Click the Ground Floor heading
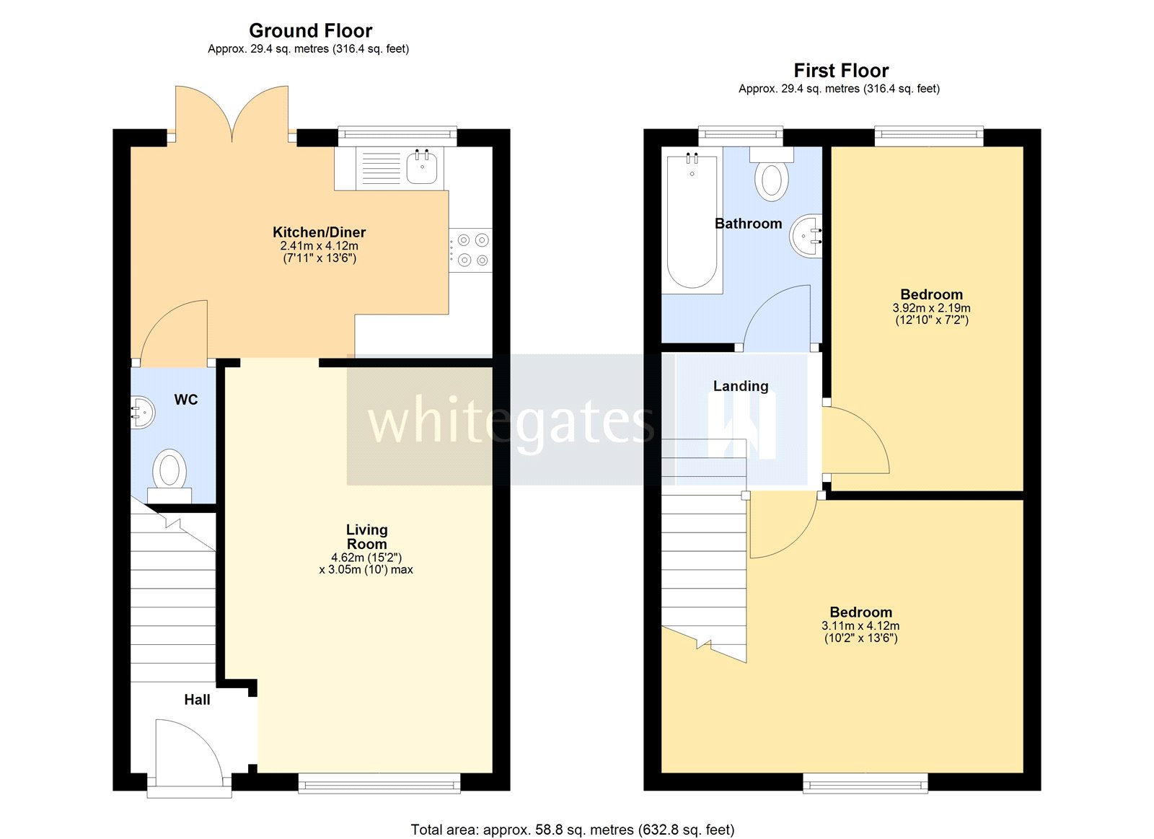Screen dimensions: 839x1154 point(310,31)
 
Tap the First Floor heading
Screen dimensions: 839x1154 point(841,71)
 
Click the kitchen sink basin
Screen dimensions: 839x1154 point(422,169)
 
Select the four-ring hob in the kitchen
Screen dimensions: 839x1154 point(472,250)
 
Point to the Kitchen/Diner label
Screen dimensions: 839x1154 point(319,232)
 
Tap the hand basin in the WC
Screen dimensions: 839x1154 point(142,413)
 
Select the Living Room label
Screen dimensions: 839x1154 point(366,537)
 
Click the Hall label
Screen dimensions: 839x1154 point(197,700)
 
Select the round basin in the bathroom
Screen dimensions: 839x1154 point(806,235)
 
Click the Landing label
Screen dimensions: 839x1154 point(741,386)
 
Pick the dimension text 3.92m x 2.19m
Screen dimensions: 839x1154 point(931,308)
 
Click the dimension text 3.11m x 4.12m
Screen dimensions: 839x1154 point(860,626)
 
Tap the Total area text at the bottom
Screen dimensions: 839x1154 point(572,830)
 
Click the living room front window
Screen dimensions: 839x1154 point(379,783)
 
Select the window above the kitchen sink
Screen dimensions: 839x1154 point(397,134)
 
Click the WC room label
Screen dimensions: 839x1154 point(185,400)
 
